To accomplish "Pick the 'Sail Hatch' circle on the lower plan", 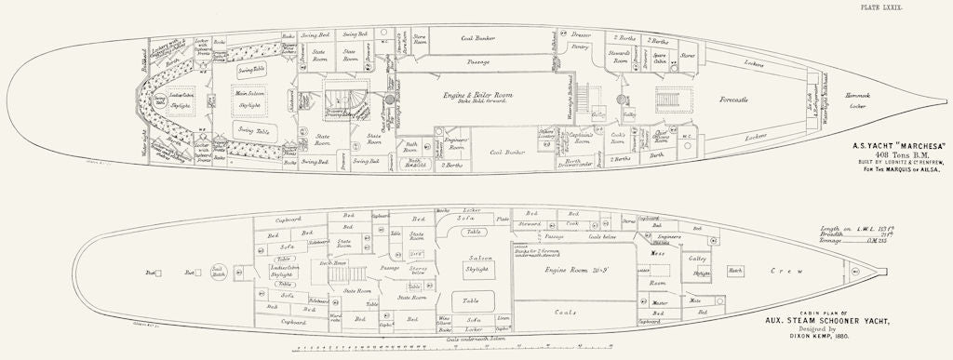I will [220, 273].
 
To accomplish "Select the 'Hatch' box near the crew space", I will [735, 272].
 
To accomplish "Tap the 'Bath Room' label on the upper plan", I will [410, 146].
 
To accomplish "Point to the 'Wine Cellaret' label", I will [446, 321].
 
